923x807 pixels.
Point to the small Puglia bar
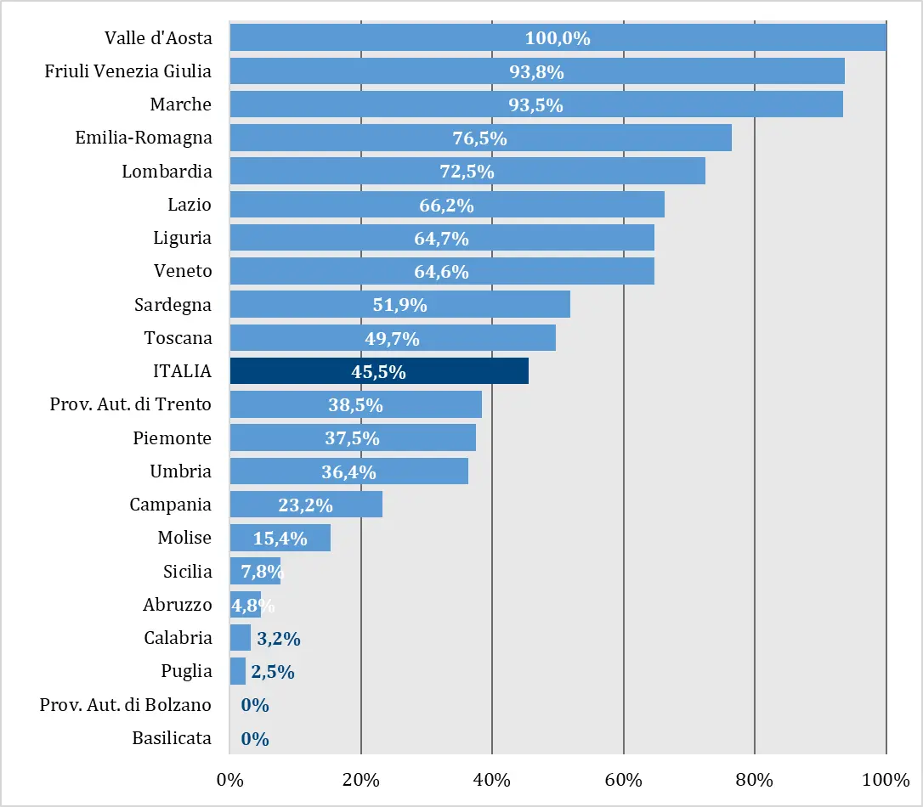(237, 671)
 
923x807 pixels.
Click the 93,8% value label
(536, 72)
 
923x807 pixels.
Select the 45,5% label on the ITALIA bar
(378, 371)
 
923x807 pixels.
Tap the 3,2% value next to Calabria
(279, 639)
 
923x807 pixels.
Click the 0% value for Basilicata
(255, 739)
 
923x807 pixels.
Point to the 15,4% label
(280, 538)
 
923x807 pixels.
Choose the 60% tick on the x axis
(623, 780)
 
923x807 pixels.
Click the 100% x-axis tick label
(886, 780)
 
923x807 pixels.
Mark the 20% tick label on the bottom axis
(360, 780)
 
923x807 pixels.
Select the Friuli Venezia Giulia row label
(127, 71)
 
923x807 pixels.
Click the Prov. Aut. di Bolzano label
(125, 705)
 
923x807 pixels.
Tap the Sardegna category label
(173, 304)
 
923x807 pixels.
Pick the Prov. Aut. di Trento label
(130, 404)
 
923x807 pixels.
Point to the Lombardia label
(167, 172)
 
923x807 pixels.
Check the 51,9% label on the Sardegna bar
(399, 305)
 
